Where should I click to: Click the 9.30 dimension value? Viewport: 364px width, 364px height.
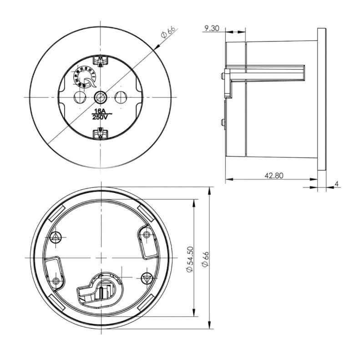[x=212, y=28]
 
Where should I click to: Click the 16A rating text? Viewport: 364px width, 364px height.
[x=100, y=111]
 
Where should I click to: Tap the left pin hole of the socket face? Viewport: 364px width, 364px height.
[x=80, y=97]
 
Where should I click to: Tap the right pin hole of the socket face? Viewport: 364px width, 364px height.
[x=121, y=97]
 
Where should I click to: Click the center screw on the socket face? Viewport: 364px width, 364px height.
[x=100, y=97]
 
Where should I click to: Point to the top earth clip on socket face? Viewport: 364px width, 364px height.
[x=100, y=60]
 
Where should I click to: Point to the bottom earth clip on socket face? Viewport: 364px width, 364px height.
[x=100, y=134]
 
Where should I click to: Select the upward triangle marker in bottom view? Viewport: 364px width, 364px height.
[x=56, y=236]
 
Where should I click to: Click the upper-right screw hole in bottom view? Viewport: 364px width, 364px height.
[x=146, y=234]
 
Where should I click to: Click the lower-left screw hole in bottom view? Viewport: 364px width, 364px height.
[x=56, y=281]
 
